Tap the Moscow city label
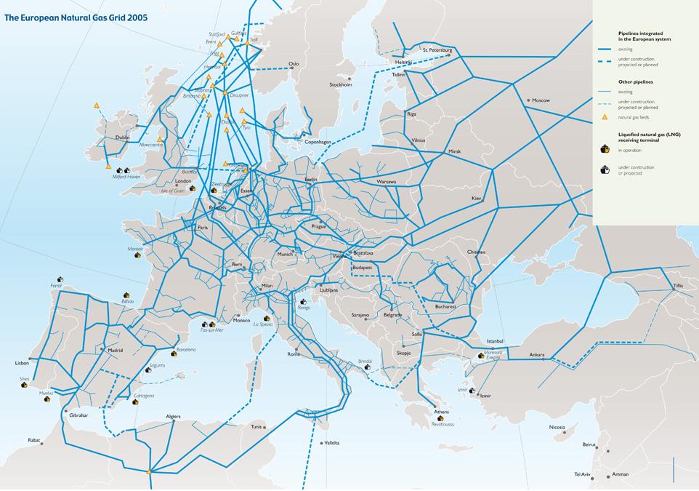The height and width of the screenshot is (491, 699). [541, 100]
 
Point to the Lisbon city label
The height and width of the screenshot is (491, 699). [22, 362]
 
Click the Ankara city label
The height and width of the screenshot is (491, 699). [537, 355]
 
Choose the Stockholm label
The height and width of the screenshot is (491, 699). [341, 84]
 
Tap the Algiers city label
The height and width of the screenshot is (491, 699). [173, 417]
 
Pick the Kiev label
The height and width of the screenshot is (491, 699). [477, 198]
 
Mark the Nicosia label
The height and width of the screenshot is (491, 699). [557, 427]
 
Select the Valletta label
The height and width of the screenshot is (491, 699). [331, 443]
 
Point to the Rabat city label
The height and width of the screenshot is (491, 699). [34, 440]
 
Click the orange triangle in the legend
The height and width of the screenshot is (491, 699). [604, 117]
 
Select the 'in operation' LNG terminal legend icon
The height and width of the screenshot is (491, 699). [604, 149]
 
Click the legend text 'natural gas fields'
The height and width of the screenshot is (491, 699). [634, 117]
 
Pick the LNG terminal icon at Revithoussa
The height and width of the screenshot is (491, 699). [437, 417]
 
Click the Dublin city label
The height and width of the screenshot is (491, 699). [122, 137]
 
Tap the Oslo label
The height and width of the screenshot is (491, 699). [294, 64]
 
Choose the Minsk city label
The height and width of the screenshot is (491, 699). [455, 151]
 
